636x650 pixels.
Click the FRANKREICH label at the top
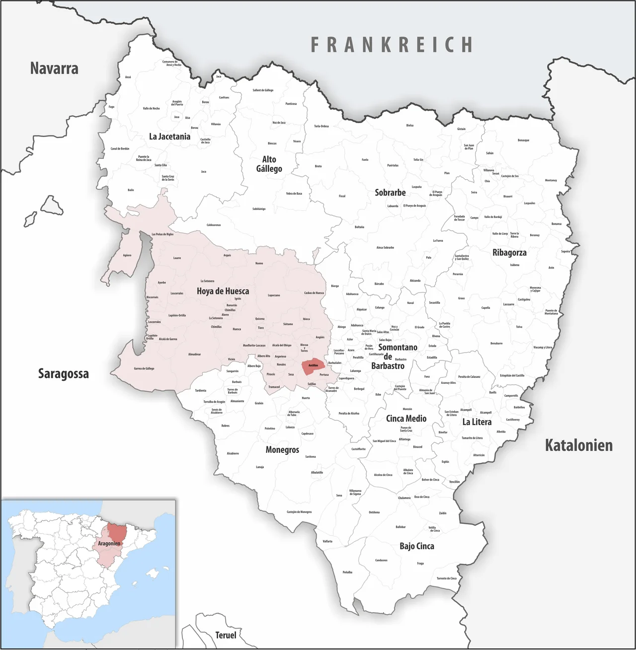[x=392, y=45]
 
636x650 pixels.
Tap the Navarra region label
[x=54, y=68]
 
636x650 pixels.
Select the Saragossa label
[x=64, y=373]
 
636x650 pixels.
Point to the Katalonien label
[x=578, y=445]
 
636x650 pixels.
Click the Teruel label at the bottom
[x=226, y=635]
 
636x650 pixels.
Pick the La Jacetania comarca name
[x=169, y=136]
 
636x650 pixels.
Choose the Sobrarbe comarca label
[x=390, y=192]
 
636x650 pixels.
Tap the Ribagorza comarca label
[x=509, y=252]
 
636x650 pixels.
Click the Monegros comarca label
[x=282, y=449]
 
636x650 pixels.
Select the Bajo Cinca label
[x=416, y=546]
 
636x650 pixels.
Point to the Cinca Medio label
[x=406, y=418]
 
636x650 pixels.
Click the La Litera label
[x=477, y=422]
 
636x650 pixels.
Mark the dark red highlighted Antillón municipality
[x=313, y=365]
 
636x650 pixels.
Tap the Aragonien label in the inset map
[x=109, y=543]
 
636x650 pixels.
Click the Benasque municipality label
[x=523, y=140]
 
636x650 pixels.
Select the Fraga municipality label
[x=420, y=563]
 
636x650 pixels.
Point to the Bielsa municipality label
[x=409, y=125]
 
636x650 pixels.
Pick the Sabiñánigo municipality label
[x=259, y=209]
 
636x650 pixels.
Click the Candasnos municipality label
[x=381, y=560]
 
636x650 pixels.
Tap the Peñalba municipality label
[x=347, y=572]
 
